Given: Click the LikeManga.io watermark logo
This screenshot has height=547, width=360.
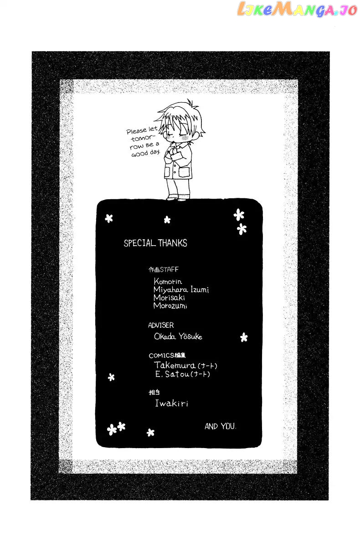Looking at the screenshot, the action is (x=297, y=10).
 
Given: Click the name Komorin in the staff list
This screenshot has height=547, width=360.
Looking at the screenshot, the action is (x=168, y=281).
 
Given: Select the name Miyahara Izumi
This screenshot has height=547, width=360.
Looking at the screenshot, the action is (x=181, y=289).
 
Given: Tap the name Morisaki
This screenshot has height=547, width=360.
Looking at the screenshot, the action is (x=169, y=298).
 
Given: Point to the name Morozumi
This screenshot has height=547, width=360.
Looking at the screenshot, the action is (x=170, y=306).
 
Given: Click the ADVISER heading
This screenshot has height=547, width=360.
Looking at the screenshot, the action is (x=161, y=325).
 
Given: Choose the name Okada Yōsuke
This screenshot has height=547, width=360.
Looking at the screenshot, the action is (x=178, y=336).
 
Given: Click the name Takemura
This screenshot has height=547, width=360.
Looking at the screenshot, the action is (x=175, y=365).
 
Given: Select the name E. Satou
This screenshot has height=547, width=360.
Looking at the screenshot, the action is (x=172, y=374).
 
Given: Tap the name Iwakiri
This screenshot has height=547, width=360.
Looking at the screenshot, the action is (x=172, y=403).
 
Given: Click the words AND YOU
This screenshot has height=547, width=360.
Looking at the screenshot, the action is (x=221, y=426).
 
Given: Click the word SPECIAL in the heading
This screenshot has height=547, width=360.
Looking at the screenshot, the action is (x=139, y=243).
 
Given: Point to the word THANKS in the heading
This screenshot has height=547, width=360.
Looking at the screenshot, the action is (x=173, y=243).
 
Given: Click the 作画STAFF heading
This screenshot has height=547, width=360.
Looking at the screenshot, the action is (x=164, y=269).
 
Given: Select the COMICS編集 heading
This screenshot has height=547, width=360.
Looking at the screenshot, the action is (x=167, y=355).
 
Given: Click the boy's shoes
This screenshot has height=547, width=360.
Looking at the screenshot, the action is (x=176, y=199).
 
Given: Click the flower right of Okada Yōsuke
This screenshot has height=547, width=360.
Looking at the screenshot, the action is (x=244, y=337).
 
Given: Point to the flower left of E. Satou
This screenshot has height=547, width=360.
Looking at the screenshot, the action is (x=111, y=377).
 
